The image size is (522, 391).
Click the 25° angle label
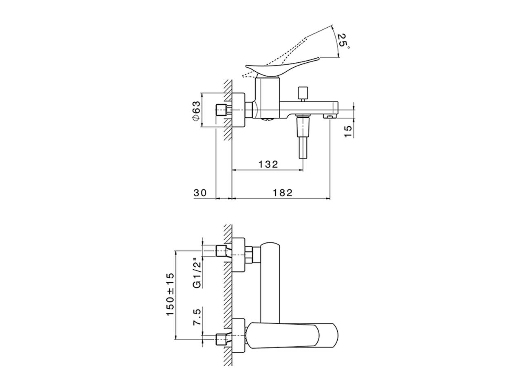click(343, 41)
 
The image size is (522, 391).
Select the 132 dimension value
click(268, 164)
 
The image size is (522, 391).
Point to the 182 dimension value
click(282, 193)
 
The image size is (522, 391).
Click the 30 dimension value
click(200, 193)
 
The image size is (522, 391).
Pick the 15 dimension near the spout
click(347, 131)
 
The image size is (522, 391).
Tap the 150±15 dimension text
click(170, 294)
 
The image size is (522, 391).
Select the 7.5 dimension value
click(197, 317)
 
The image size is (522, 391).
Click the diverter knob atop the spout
click(303, 94)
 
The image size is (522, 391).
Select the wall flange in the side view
click(238, 110)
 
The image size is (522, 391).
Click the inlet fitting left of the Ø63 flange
click(223, 110)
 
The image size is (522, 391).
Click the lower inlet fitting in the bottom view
click(223, 340)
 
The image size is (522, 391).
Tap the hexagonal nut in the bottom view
click(249, 255)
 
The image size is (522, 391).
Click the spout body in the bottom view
click(270, 283)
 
